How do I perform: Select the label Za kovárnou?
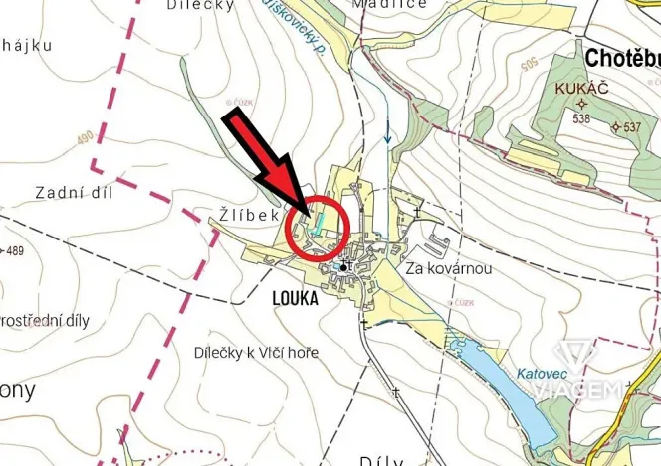[x=450, y=269]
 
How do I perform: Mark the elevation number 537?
[x=632, y=128]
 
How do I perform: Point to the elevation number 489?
[x=13, y=250]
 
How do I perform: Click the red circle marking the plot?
[x=317, y=229]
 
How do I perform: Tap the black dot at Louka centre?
[x=343, y=267]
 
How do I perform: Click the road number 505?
[x=532, y=67]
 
